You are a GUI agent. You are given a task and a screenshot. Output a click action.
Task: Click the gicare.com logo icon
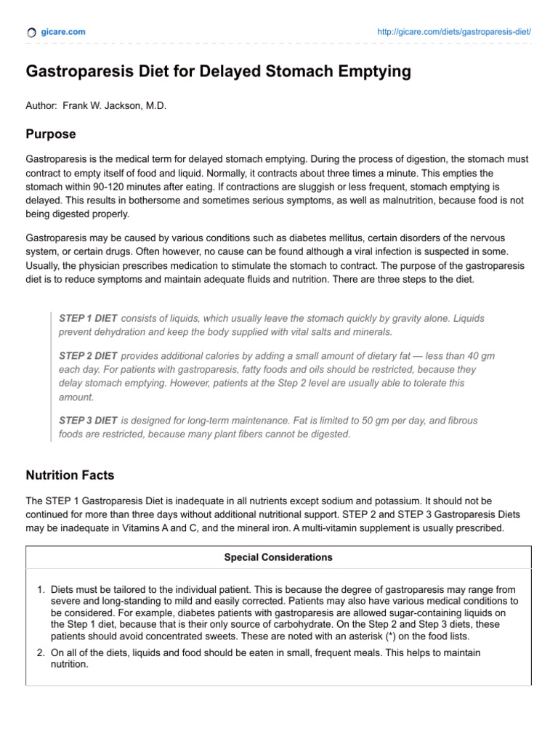31,33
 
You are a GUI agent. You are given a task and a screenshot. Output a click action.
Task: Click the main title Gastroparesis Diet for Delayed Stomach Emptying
218,72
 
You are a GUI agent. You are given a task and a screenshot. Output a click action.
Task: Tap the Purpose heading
51,134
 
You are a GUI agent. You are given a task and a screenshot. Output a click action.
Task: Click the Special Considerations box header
278,558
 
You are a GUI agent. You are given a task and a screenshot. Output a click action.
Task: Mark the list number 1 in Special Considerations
41,591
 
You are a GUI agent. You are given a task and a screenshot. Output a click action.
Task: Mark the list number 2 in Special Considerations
41,653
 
